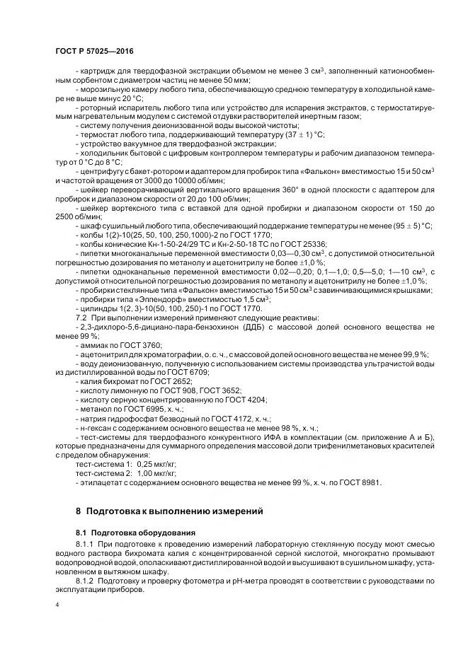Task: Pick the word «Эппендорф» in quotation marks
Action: tap(146, 299)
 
